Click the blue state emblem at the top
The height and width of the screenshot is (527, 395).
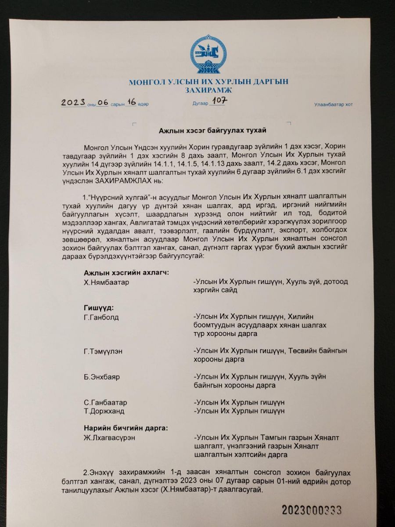pos(209,57)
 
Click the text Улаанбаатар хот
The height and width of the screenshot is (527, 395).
pos(334,105)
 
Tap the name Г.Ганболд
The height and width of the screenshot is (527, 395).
pos(101,317)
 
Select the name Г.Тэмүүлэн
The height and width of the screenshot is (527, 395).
pos(104,351)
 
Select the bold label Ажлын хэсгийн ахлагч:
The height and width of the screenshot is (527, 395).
pos(126,273)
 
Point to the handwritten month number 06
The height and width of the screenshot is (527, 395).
pos(102,103)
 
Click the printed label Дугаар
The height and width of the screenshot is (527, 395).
pos(200,104)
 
